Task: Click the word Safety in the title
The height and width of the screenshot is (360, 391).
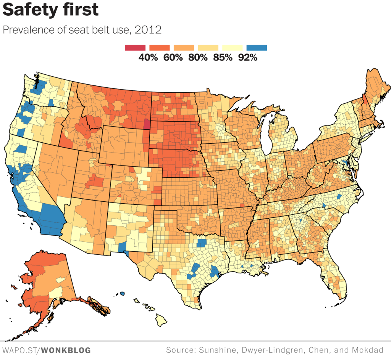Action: tap(28, 10)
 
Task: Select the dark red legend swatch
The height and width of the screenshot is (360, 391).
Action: tap(135, 48)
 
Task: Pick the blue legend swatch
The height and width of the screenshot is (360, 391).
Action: tap(257, 48)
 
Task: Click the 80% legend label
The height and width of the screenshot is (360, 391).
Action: tap(198, 58)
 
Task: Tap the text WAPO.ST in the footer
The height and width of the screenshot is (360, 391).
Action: tap(21, 350)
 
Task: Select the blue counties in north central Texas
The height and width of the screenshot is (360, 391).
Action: tap(200, 243)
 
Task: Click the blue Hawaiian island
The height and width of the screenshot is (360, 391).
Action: tap(122, 294)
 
